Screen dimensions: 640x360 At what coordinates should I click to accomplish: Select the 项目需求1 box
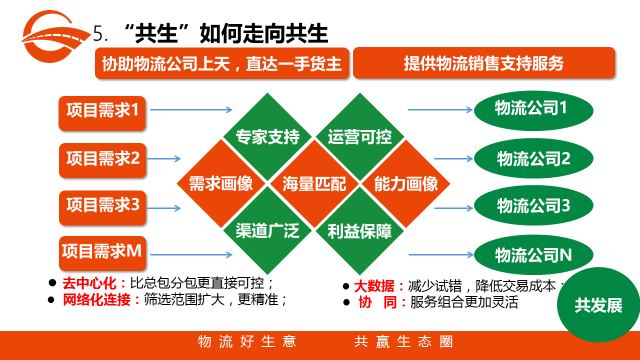click(102, 113)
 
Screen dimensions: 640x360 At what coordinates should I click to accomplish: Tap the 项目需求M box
click(102, 253)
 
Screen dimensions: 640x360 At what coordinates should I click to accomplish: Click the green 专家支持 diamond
click(267, 137)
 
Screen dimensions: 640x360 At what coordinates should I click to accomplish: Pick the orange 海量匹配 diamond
click(314, 184)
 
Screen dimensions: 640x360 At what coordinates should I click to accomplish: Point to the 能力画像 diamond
click(406, 184)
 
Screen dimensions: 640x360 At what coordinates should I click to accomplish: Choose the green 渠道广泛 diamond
click(267, 231)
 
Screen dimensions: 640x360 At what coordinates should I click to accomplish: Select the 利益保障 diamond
click(360, 231)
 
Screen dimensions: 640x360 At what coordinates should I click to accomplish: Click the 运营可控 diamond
click(360, 137)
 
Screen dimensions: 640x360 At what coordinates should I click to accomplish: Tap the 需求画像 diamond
click(221, 184)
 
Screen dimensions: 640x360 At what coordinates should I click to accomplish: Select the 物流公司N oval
click(533, 255)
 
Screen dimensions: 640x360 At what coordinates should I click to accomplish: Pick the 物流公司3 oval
click(533, 205)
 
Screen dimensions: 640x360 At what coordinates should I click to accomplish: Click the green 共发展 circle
click(598, 305)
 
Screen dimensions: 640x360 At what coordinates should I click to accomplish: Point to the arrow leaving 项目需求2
click(164, 158)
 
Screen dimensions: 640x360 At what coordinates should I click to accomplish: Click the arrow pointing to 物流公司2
click(453, 158)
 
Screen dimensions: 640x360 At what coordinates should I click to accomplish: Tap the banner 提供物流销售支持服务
click(484, 63)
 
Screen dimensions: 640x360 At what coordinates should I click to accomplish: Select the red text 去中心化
click(89, 283)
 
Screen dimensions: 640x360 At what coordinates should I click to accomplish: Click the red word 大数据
click(374, 286)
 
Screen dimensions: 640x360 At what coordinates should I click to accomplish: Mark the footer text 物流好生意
click(247, 341)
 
